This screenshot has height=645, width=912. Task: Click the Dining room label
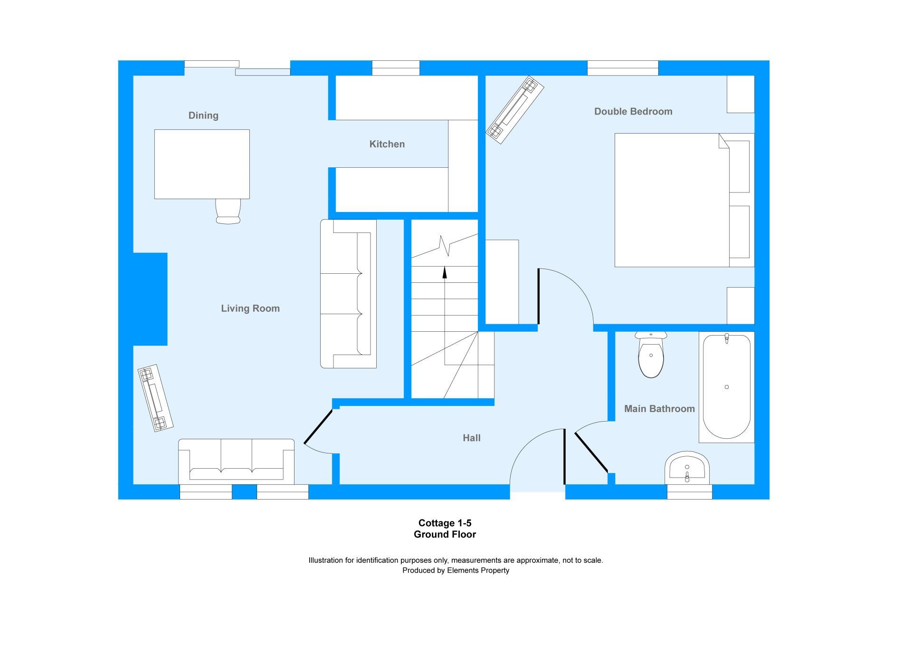[x=203, y=116]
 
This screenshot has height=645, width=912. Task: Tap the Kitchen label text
[x=387, y=144]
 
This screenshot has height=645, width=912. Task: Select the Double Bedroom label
[x=633, y=112]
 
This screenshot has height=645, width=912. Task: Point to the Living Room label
[x=250, y=308]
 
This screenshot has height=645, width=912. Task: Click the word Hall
[x=472, y=438]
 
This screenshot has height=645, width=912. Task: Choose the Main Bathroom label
[x=659, y=409]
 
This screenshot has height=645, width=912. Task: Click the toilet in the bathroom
[x=651, y=355]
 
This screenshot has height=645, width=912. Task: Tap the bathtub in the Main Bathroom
[x=727, y=387]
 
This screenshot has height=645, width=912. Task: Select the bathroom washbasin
[x=687, y=468]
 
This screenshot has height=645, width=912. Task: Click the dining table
[x=202, y=164]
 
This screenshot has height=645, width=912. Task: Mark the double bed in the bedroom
[x=684, y=200]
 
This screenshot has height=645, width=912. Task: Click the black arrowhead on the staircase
[x=445, y=272]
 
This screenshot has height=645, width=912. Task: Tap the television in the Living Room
[x=155, y=398]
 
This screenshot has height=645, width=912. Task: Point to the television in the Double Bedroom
[x=515, y=110]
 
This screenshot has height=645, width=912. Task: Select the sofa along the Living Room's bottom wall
[x=236, y=462]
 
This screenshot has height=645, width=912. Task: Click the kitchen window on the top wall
[x=396, y=68]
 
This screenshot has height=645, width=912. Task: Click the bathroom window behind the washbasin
[x=689, y=492]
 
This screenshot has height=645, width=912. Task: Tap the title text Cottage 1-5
[x=445, y=523]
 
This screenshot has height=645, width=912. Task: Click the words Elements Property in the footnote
[x=478, y=570]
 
